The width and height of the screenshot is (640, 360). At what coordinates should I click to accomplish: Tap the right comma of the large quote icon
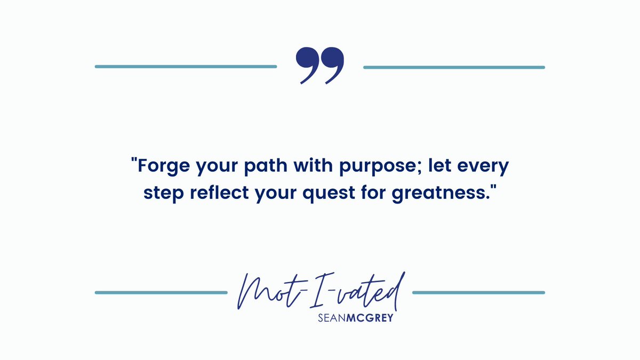pyautogui.click(x=333, y=64)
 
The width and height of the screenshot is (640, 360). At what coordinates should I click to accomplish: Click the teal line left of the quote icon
pyautogui.click(x=186, y=67)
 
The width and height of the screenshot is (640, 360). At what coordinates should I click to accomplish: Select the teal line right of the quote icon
pyautogui.click(x=454, y=67)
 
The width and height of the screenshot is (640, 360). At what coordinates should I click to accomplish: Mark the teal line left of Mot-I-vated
pyautogui.click(x=161, y=292)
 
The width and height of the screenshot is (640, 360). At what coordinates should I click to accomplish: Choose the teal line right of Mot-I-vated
pyautogui.click(x=479, y=292)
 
